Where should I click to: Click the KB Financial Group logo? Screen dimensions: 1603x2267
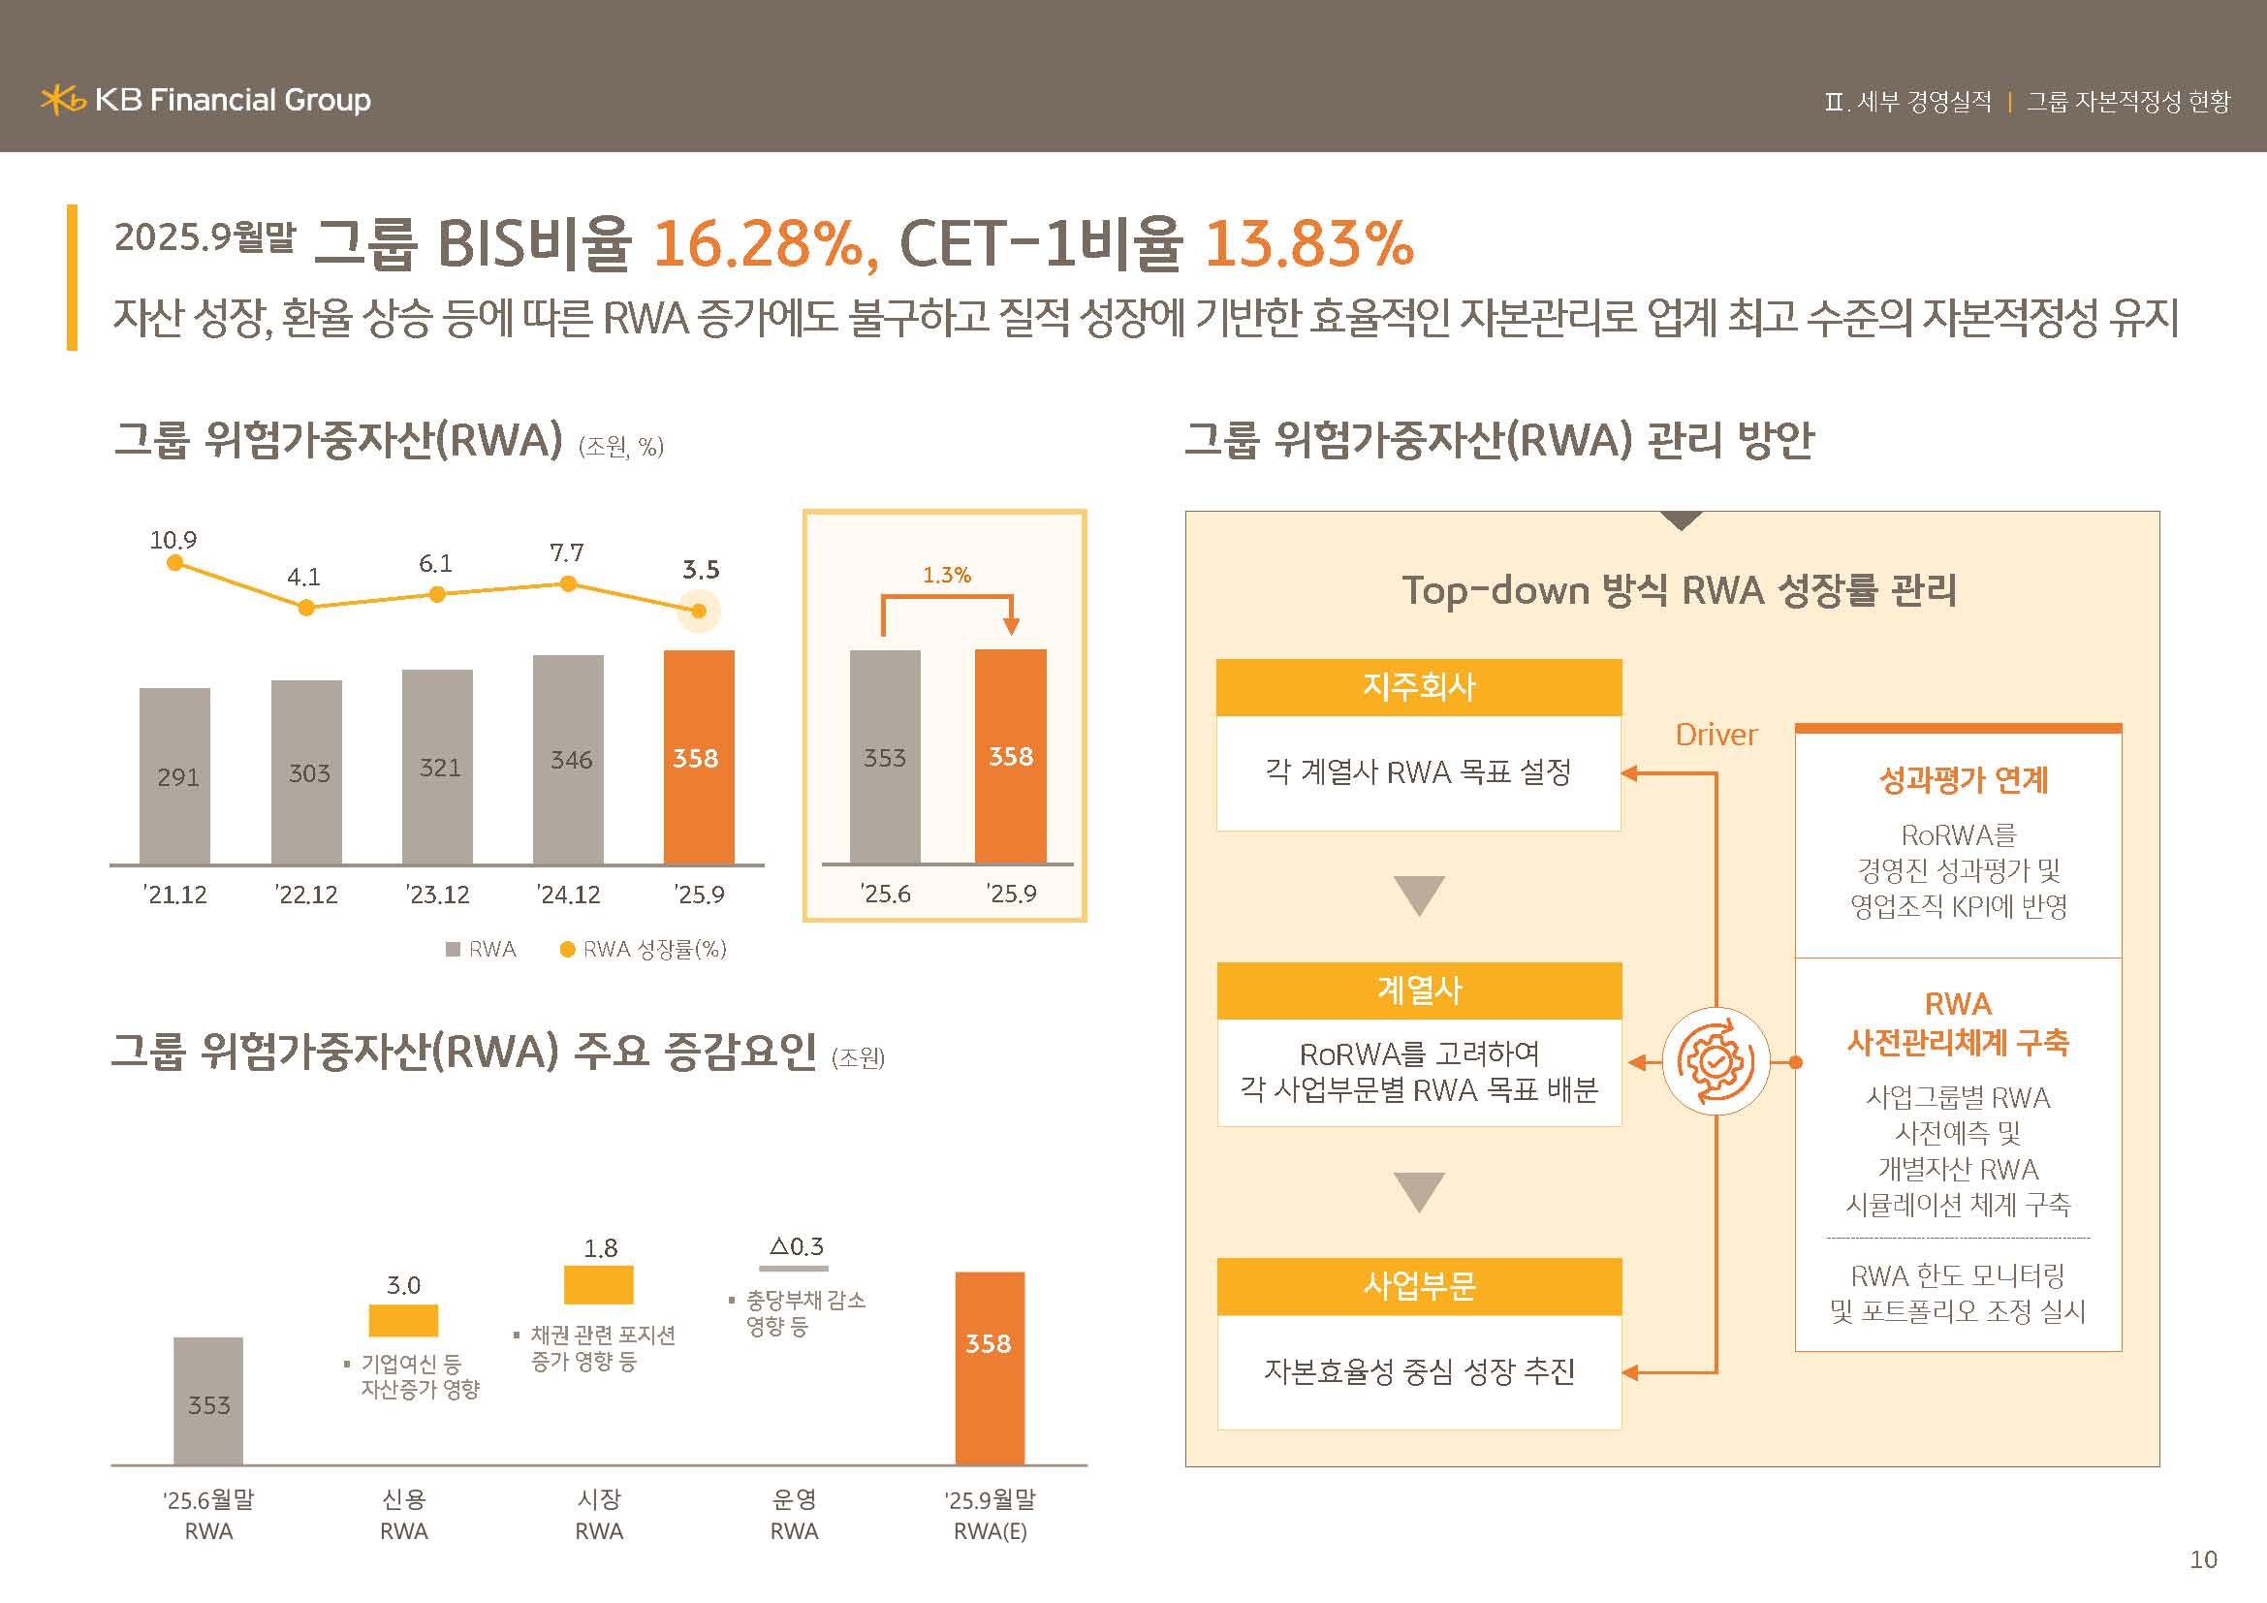pos(205,100)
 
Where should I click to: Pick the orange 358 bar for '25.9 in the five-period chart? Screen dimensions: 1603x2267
pos(698,757)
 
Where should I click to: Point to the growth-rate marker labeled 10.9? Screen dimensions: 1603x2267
pos(174,563)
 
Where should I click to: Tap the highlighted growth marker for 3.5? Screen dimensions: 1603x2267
pos(698,612)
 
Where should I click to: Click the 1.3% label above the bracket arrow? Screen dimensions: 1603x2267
pos(946,575)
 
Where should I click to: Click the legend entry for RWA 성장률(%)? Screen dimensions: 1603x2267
pos(643,950)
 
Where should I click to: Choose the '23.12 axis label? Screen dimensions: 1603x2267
pos(437,896)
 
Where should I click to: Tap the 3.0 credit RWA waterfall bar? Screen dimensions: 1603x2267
pos(403,1320)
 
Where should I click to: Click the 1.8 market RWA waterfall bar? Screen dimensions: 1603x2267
pos(598,1285)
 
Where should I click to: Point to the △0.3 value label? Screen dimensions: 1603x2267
pos(796,1246)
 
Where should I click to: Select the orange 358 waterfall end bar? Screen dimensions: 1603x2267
pos(990,1367)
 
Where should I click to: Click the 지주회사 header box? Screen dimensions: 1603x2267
pos(1418,687)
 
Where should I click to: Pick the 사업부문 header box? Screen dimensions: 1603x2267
pos(1418,1285)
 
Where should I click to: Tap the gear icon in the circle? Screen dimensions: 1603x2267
pos(1716,1062)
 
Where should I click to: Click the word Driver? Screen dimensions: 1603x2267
pos(1716,735)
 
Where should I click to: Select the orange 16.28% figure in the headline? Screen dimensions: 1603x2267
pos(757,243)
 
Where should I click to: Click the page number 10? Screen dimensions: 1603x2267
pos(2203,1559)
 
